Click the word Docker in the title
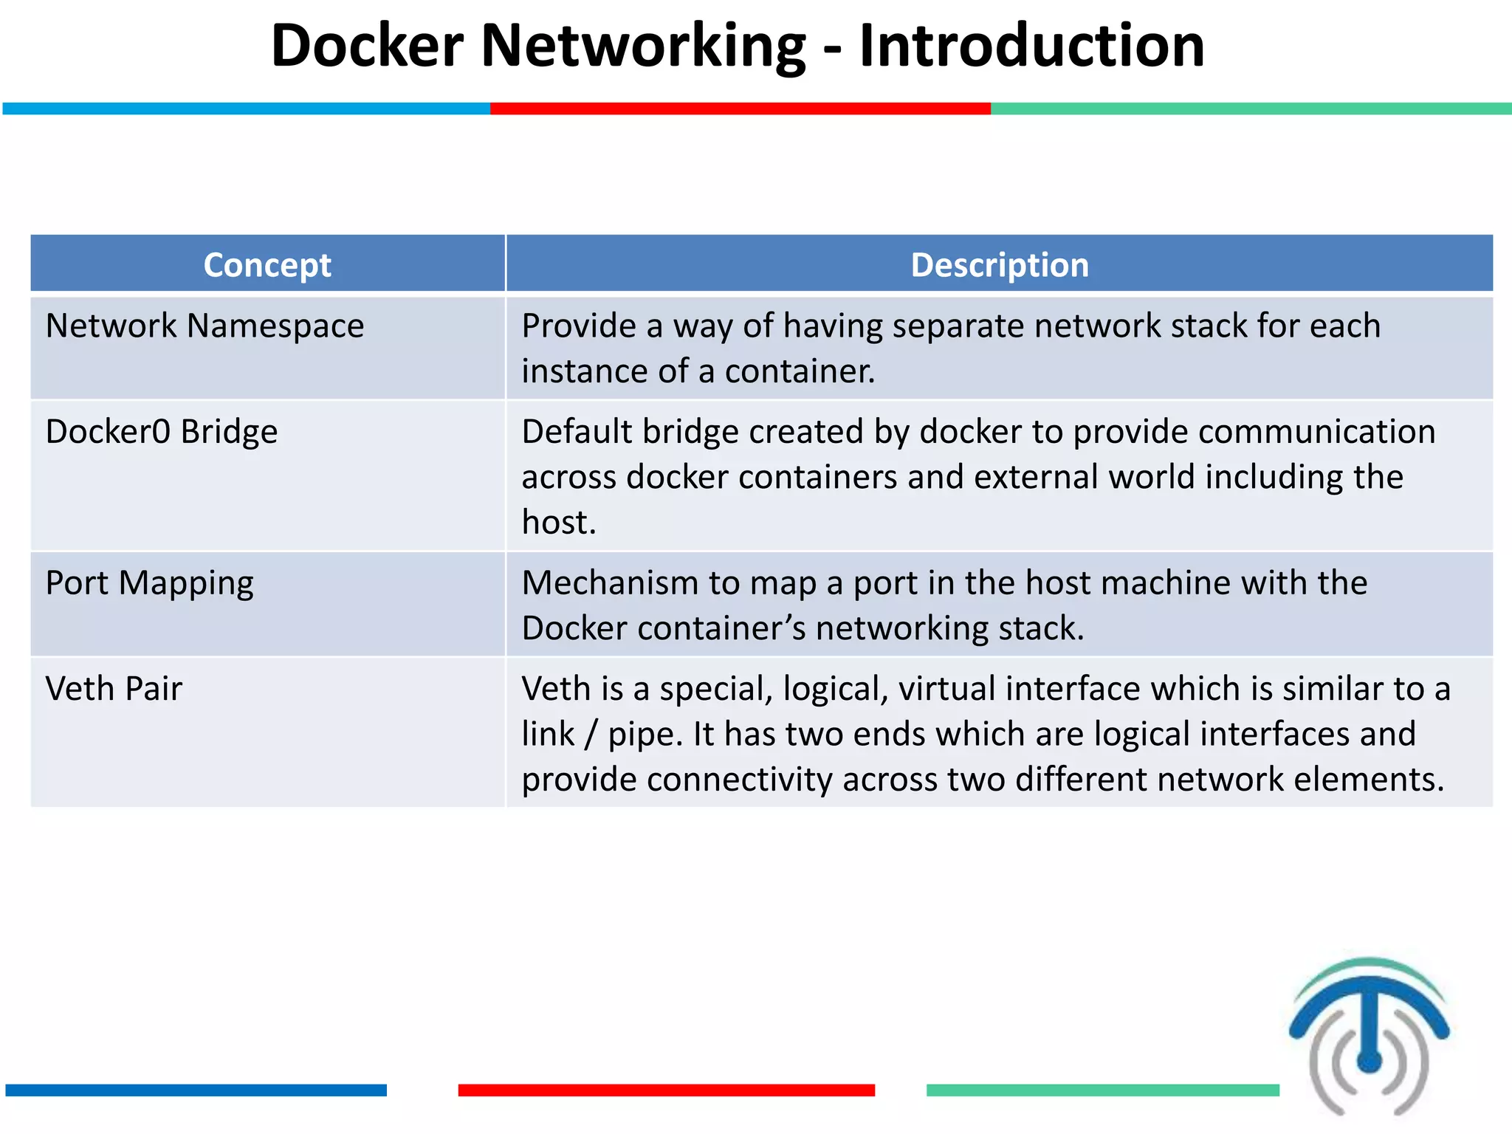(x=367, y=46)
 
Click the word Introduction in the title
(x=1031, y=46)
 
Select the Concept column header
(x=267, y=265)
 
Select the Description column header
(x=1000, y=265)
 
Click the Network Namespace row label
(x=205, y=326)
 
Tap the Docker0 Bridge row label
(x=161, y=432)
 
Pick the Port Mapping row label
(x=149, y=583)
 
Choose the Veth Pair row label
(x=113, y=689)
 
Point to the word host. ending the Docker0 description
(x=558, y=523)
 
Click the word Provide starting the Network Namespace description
(x=579, y=326)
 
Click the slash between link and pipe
(x=591, y=735)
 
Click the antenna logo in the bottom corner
(x=1370, y=1037)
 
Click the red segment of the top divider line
(x=740, y=109)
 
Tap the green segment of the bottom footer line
(x=1102, y=1090)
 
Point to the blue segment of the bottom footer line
(x=196, y=1090)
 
